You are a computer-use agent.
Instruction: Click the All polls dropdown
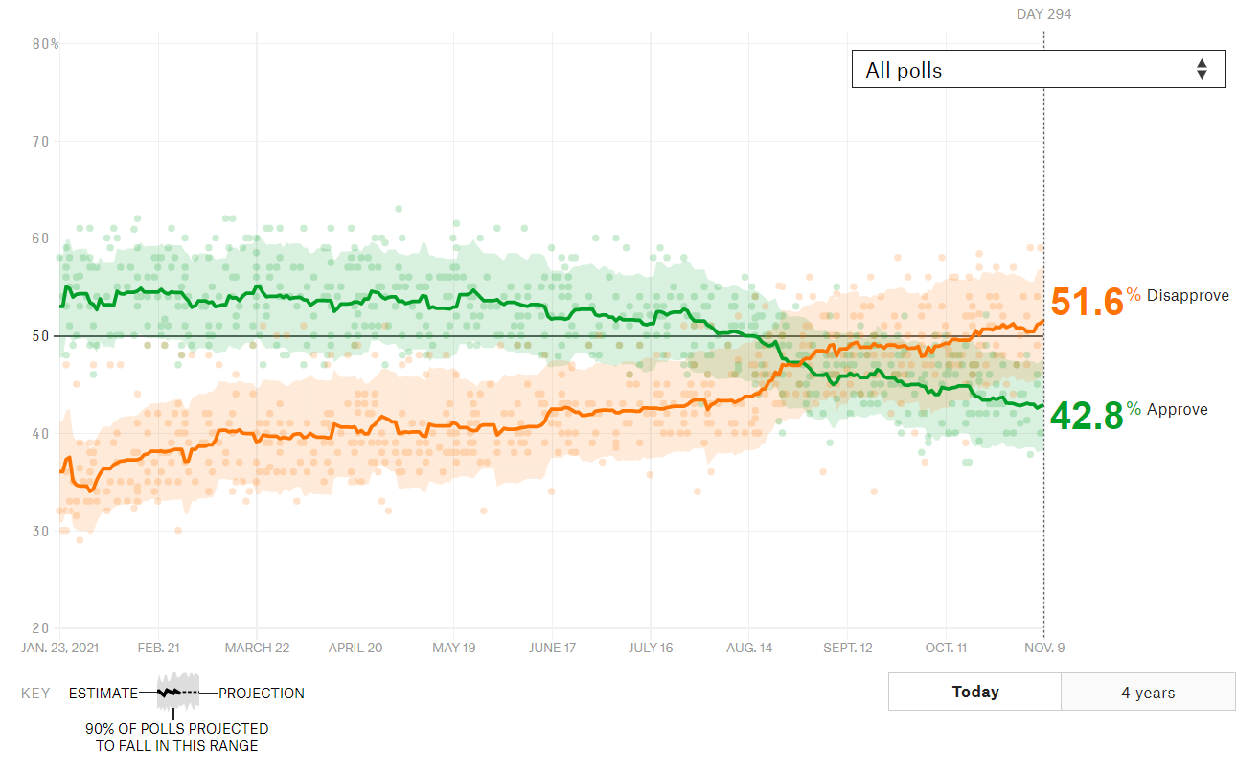[1037, 69]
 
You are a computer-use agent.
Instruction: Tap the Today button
[974, 692]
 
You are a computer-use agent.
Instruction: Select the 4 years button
[1148, 693]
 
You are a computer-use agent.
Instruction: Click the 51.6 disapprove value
[1087, 302]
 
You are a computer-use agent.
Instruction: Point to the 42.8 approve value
[1087, 416]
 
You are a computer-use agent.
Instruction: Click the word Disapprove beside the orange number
[1187, 296]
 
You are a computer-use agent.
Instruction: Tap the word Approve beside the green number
[1177, 410]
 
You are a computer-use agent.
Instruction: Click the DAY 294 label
[1043, 14]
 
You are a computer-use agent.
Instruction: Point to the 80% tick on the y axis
[45, 44]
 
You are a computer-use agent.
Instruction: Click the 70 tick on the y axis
[41, 142]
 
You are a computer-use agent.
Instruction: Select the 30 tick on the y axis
[41, 531]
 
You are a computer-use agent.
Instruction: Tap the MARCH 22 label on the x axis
[257, 648]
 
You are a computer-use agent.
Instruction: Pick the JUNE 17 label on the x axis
[552, 648]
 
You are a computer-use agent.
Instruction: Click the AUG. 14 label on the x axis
[749, 648]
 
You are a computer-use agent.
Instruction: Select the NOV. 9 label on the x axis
[1043, 648]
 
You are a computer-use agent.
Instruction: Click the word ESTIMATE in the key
[103, 694]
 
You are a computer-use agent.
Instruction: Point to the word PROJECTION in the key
[262, 694]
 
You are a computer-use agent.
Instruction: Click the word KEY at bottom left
[35, 694]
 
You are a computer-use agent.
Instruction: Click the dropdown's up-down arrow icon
[1202, 69]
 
